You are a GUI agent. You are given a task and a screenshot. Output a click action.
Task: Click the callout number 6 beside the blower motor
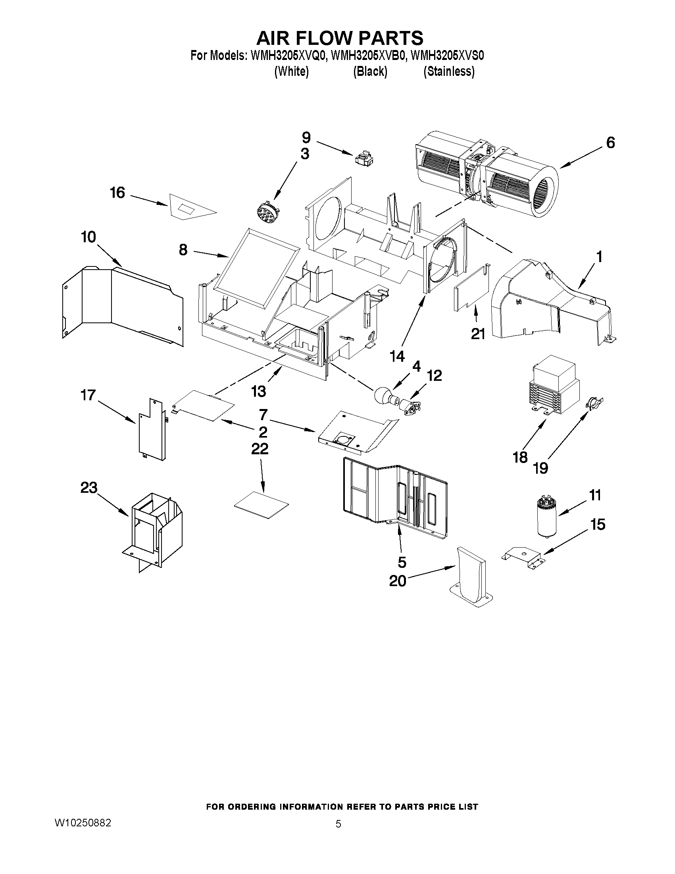tap(610, 143)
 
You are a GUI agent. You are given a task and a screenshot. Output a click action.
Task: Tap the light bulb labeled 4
tap(382, 396)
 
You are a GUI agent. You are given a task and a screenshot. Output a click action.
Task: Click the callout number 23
tap(89, 487)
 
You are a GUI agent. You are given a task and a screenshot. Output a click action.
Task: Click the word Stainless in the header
tap(449, 71)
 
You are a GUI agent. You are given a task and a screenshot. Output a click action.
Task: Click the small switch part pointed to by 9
tap(363, 158)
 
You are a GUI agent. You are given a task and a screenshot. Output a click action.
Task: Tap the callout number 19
tap(540, 467)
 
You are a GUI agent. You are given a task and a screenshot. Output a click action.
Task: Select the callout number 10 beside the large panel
tap(88, 237)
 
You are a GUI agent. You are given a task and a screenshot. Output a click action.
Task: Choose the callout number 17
tap(88, 395)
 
